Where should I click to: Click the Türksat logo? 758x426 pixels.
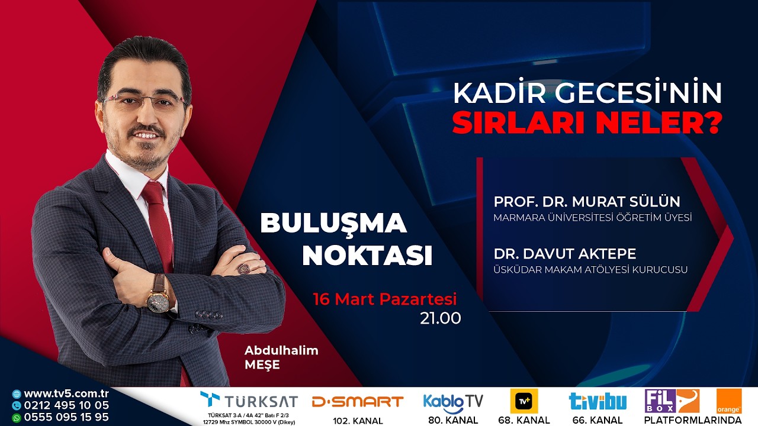pyautogui.click(x=249, y=401)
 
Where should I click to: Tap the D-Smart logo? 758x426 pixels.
pyautogui.click(x=357, y=402)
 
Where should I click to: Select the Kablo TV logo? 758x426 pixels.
pyautogui.click(x=453, y=402)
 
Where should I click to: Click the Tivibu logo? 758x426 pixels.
pyautogui.click(x=598, y=402)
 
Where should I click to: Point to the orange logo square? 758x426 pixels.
pyautogui.click(x=728, y=401)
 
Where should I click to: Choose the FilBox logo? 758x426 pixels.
pyautogui.click(x=672, y=401)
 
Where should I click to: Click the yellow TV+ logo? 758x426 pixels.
pyautogui.click(x=524, y=401)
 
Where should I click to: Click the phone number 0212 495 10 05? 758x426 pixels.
pyautogui.click(x=66, y=405)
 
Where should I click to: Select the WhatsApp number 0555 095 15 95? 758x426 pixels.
pyautogui.click(x=66, y=417)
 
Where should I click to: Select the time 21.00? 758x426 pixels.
pyautogui.click(x=440, y=318)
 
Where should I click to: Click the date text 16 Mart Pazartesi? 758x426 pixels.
pyautogui.click(x=385, y=299)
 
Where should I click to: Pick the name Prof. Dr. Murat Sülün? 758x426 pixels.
pyautogui.click(x=587, y=201)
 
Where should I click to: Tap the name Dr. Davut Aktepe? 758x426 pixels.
pyautogui.click(x=565, y=254)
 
